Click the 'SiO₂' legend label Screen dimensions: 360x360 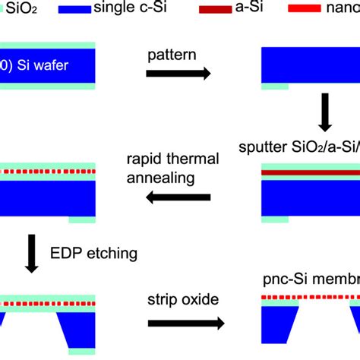coord(25,8)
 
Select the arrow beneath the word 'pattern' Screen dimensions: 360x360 coord(178,73)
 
